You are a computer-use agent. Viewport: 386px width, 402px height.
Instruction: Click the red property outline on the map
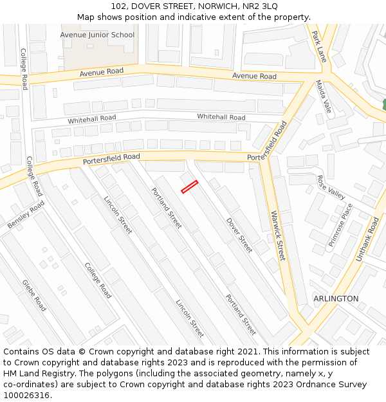(189, 187)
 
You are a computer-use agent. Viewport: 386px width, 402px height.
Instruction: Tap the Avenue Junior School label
(97, 35)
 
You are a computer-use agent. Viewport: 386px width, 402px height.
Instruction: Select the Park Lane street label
(319, 46)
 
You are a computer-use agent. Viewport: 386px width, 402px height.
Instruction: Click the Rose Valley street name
(331, 187)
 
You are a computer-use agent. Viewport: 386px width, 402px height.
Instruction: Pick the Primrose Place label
(341, 225)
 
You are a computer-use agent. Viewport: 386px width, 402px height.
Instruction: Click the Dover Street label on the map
(239, 235)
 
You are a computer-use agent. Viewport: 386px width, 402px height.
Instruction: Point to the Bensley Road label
(26, 214)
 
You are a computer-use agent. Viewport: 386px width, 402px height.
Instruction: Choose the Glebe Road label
(34, 295)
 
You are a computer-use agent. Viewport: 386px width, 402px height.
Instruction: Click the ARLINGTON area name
(336, 299)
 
